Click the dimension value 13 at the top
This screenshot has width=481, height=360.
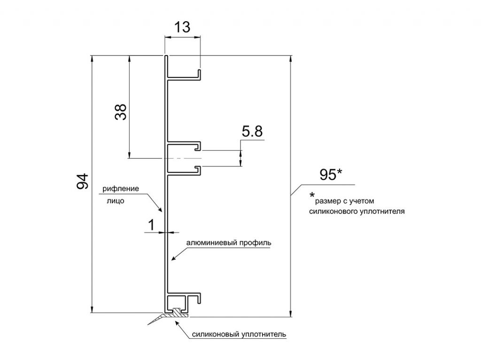(x=182, y=27)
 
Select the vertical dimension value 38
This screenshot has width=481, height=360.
(x=121, y=112)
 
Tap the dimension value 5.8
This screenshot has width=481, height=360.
(x=252, y=131)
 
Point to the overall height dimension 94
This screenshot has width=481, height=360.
(x=83, y=181)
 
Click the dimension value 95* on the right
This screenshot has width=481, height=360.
(x=331, y=175)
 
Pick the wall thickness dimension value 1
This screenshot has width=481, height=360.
(x=152, y=225)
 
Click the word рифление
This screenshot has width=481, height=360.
(x=121, y=188)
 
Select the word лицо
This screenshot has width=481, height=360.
(x=116, y=201)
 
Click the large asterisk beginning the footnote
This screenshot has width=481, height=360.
(x=312, y=195)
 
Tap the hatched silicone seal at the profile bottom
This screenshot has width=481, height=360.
(x=176, y=313)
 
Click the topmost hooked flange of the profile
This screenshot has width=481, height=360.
(x=184, y=75)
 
